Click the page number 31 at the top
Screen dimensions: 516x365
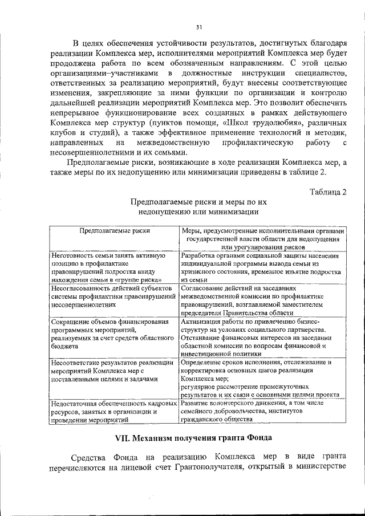click(199, 27)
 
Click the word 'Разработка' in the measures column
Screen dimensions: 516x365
click(198, 256)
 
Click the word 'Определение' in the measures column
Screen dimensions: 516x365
click(201, 362)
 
